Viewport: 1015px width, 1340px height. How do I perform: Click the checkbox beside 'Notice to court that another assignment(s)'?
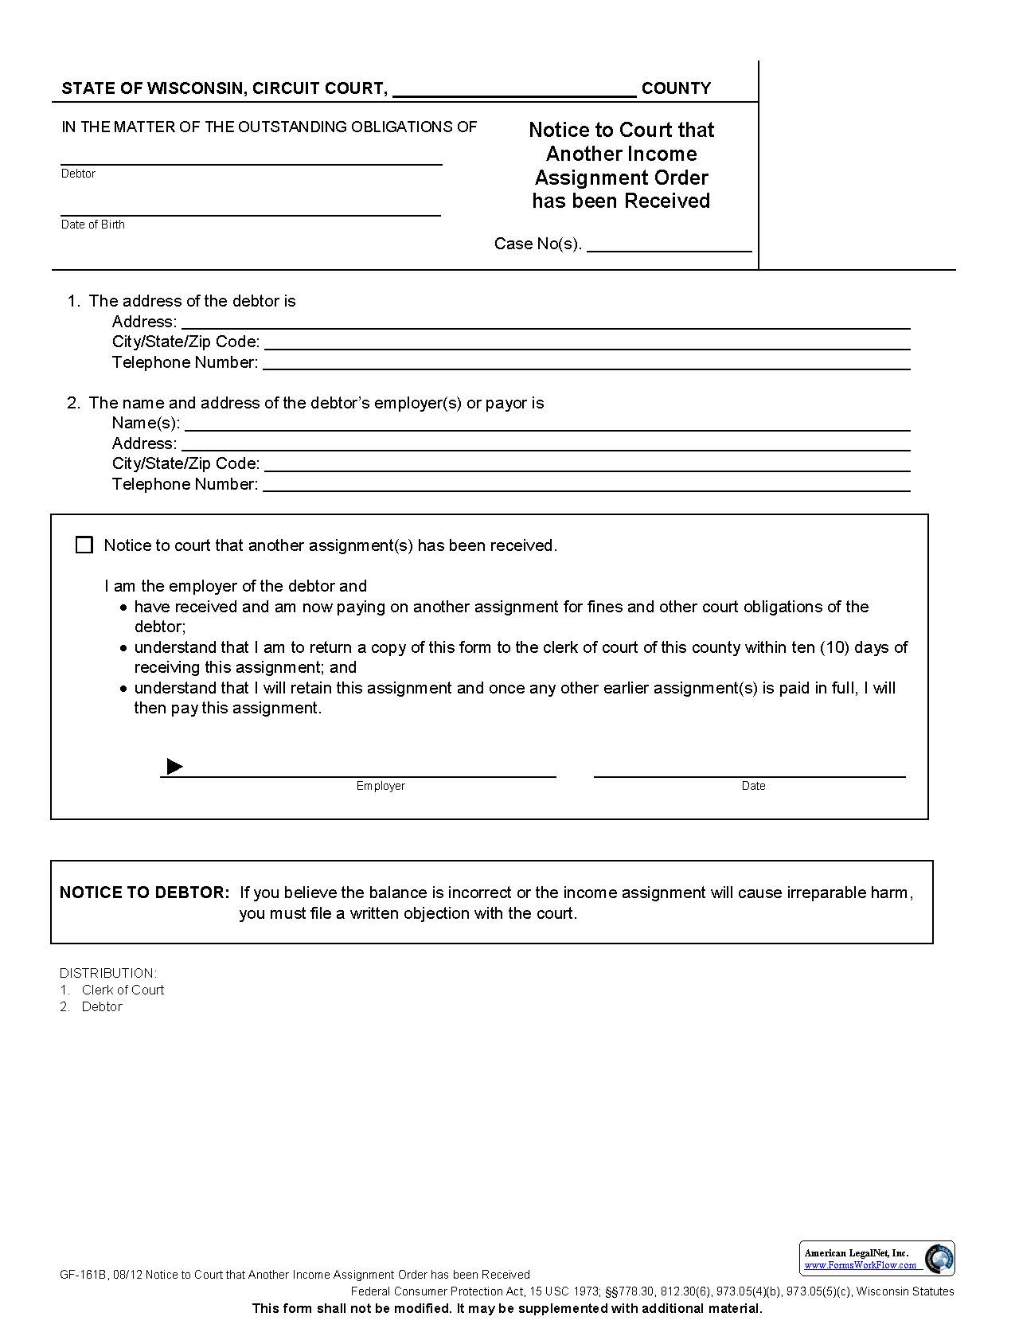click(84, 545)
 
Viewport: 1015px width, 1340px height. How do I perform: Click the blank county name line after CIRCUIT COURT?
click(514, 89)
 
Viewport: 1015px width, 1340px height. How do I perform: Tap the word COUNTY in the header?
click(676, 88)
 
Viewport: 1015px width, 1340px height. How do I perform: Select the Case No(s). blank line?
click(669, 244)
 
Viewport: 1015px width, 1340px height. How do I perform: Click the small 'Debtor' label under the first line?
click(78, 174)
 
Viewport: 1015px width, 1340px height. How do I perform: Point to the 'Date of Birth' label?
click(92, 225)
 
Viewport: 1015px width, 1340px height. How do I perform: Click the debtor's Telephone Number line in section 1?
click(586, 363)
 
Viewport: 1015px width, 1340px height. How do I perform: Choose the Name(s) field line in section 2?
click(546, 423)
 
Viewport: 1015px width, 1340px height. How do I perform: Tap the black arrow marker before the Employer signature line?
click(174, 767)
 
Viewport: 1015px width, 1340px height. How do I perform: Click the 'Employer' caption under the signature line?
click(381, 786)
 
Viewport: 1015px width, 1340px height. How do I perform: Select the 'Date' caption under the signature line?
click(753, 786)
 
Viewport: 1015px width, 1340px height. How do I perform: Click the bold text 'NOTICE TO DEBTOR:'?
click(144, 893)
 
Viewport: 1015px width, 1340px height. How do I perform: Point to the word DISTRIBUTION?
click(107, 973)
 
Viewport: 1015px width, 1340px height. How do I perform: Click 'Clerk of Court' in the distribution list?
click(123, 990)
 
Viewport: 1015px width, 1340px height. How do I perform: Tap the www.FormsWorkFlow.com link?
click(860, 1265)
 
